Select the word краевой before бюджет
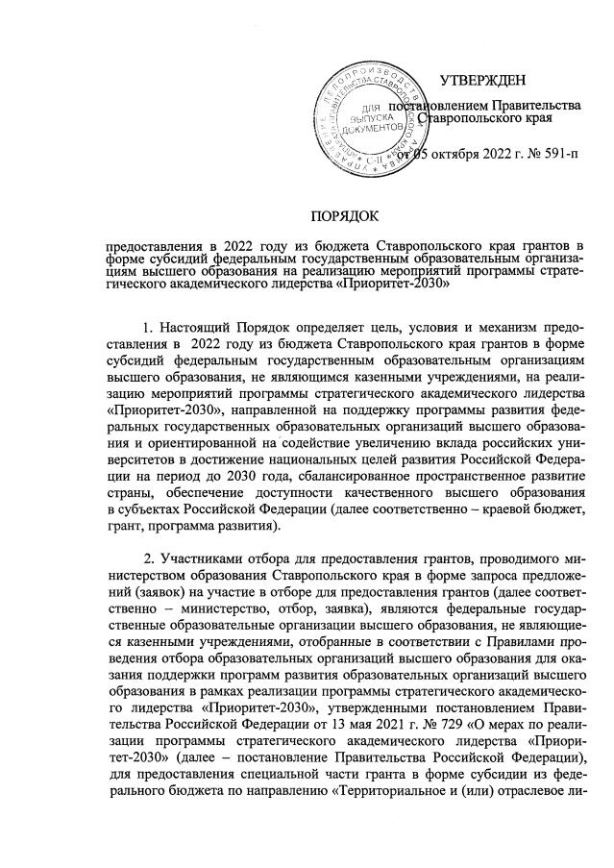[503, 510]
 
